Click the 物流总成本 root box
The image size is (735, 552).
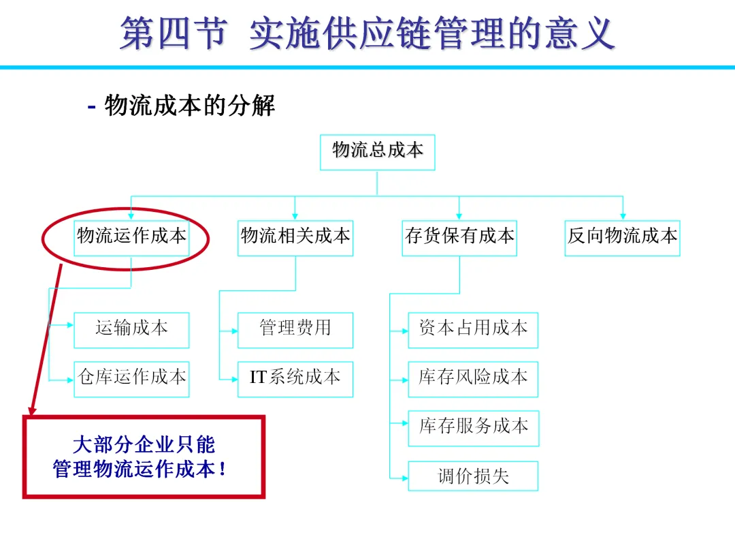pyautogui.click(x=377, y=152)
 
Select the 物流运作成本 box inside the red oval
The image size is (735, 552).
pyautogui.click(x=131, y=237)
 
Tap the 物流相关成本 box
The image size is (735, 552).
pyautogui.click(x=295, y=237)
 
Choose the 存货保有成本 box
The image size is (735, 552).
pyautogui.click(x=459, y=237)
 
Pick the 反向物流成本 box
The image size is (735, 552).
pyautogui.click(x=623, y=237)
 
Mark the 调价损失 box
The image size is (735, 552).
pyautogui.click(x=473, y=476)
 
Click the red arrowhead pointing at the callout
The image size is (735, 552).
pyautogui.click(x=30, y=410)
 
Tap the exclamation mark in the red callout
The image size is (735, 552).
pyautogui.click(x=223, y=470)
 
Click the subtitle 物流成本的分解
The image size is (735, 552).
pyautogui.click(x=189, y=107)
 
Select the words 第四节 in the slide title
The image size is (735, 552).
pyautogui.click(x=173, y=33)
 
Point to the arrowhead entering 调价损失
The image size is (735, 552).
pyautogui.click(x=404, y=476)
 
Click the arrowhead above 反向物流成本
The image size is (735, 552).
pyautogui.click(x=623, y=216)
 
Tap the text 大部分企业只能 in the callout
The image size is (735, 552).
pyautogui.click(x=144, y=445)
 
